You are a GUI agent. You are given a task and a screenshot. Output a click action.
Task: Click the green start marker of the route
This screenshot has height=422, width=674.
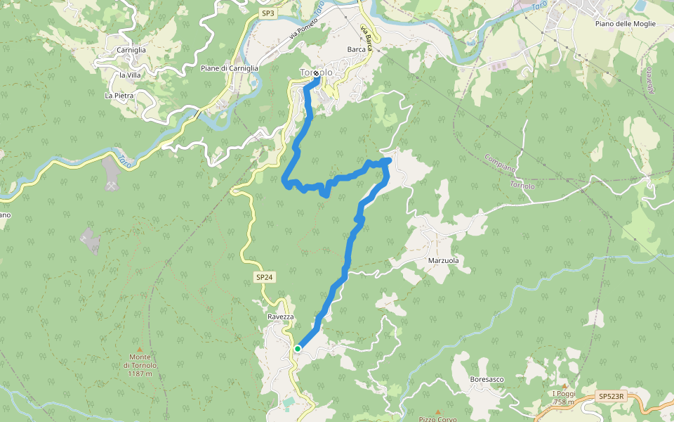click(x=298, y=348)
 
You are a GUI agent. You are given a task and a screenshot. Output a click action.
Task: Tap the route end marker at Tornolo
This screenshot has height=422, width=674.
click(x=316, y=74)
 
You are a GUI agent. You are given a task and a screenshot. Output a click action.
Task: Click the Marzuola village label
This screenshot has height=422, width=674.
click(x=443, y=261)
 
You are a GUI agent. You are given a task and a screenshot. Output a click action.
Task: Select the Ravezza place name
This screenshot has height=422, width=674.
click(x=280, y=317)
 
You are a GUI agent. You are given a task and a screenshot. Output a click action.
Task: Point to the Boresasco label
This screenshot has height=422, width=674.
click(x=487, y=380)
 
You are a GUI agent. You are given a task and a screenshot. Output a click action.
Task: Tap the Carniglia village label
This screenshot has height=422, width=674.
click(x=131, y=51)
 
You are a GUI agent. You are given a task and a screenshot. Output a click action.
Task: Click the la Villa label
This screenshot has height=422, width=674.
click(x=131, y=75)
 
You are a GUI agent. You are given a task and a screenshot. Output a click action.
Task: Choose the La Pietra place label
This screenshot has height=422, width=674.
click(x=119, y=95)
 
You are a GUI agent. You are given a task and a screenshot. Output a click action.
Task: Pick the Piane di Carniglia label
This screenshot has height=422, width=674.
click(x=230, y=68)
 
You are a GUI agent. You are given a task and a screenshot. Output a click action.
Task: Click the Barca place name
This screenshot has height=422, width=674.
click(x=357, y=50)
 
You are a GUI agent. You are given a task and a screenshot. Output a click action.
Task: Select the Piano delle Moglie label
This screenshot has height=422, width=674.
click(x=625, y=24)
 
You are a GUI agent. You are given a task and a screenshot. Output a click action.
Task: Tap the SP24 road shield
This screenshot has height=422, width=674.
click(x=264, y=278)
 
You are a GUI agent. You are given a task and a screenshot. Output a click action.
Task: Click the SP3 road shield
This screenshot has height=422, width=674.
click(x=267, y=13)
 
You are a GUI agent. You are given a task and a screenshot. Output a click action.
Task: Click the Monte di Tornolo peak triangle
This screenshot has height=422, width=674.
click(x=140, y=350)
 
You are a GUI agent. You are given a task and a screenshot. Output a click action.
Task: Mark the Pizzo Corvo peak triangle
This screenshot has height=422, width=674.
click(x=438, y=412)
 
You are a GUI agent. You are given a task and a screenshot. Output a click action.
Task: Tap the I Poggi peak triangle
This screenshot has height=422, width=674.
click(x=564, y=385)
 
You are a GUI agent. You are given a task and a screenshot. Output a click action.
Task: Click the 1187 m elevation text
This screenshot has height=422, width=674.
click(x=140, y=374)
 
